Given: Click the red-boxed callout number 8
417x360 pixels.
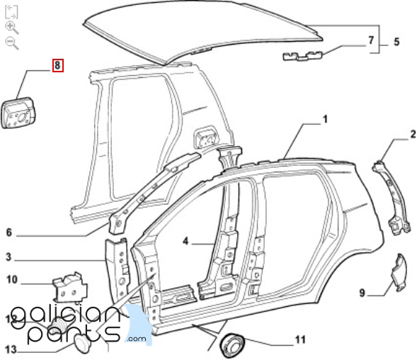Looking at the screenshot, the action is [58, 65].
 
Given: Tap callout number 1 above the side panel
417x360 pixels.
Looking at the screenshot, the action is [325, 119].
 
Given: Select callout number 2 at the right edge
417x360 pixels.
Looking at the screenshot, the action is [413, 134].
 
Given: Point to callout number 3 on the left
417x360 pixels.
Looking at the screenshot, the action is [8, 257].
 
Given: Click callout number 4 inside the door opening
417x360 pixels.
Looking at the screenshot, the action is [185, 241].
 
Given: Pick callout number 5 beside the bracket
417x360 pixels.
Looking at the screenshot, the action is [396, 42].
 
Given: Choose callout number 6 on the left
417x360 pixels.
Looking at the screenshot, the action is [8, 232].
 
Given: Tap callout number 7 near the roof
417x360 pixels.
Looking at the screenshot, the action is [371, 40].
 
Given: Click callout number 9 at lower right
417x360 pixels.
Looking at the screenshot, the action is [362, 293].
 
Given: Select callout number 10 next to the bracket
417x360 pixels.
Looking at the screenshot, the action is [12, 280].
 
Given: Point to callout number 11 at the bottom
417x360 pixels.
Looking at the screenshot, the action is [300, 339].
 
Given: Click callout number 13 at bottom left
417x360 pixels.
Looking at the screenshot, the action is [11, 349].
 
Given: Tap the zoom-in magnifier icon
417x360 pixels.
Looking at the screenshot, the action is [12, 28].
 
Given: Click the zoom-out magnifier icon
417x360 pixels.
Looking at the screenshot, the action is [12, 43].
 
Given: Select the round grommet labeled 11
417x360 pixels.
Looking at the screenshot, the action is [232, 344].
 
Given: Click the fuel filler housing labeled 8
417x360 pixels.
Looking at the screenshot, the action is [18, 113].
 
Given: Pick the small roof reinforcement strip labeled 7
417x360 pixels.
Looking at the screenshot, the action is [302, 56].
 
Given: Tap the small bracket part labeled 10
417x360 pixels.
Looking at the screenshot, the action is [70, 288].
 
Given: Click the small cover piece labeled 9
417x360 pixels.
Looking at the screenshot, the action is [399, 272].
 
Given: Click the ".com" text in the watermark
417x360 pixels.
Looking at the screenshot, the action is [137, 339].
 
